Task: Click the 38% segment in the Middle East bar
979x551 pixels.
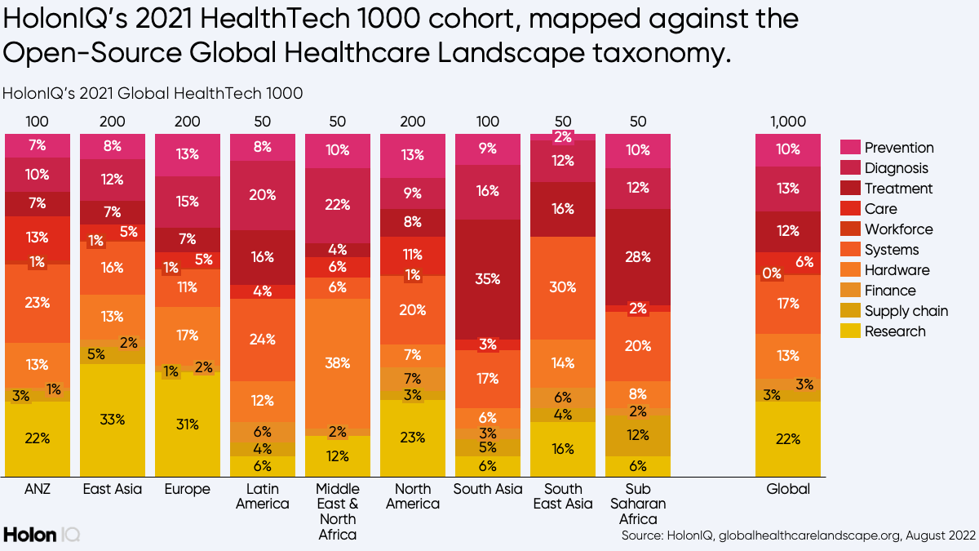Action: (x=338, y=362)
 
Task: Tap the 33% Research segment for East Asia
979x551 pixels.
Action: (x=113, y=420)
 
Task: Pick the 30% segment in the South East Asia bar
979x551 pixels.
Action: (x=563, y=287)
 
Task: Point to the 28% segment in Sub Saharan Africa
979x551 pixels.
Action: (x=638, y=257)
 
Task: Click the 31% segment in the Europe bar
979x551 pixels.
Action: (x=188, y=424)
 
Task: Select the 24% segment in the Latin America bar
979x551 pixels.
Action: (x=263, y=340)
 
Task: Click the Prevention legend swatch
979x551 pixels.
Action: (x=851, y=148)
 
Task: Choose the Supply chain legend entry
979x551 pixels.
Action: (x=906, y=311)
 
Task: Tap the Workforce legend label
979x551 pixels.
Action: (x=898, y=229)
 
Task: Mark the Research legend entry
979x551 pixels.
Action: (x=895, y=331)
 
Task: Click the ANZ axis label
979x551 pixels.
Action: (x=38, y=490)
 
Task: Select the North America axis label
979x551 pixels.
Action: (x=413, y=496)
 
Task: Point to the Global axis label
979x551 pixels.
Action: (x=788, y=490)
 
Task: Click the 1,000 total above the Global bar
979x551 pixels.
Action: (x=788, y=122)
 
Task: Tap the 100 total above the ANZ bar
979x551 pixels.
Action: (x=38, y=122)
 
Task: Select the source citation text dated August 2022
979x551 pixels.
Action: (x=798, y=535)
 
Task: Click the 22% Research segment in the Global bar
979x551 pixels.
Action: (x=788, y=438)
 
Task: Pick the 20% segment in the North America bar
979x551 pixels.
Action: (x=413, y=309)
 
